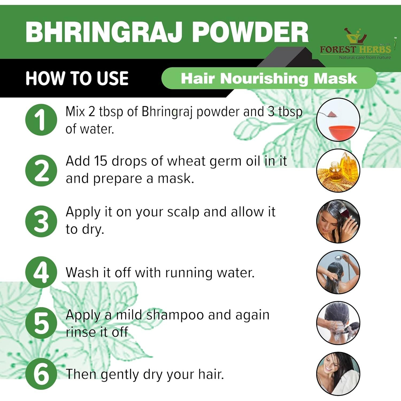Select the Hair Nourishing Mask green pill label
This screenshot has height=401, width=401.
pos(269,78)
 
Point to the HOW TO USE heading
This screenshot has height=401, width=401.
pos(77,78)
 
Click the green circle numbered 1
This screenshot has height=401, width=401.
pos(41,120)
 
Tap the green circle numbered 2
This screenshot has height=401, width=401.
pos(41,171)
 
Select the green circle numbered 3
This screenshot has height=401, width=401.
pos(41,221)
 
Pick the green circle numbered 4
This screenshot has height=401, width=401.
pos(41,272)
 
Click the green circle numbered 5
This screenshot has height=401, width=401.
pos(41,323)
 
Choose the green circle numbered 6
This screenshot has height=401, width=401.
pos(41,374)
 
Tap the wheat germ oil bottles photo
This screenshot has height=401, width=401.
pos(338,171)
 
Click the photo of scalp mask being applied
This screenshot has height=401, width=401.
pos(338,221)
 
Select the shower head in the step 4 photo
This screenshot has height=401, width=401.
pos(338,258)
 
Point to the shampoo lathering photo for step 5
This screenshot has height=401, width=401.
pos(338,323)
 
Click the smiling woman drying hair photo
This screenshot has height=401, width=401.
pos(338,374)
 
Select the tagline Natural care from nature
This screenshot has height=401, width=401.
pos(365,57)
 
